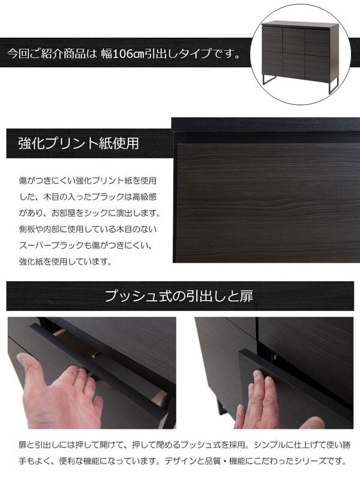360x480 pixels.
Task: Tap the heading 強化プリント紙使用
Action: click(x=79, y=144)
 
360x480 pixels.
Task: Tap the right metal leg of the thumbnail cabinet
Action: click(x=332, y=84)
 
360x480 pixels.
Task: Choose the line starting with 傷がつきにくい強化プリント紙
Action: click(x=88, y=180)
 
